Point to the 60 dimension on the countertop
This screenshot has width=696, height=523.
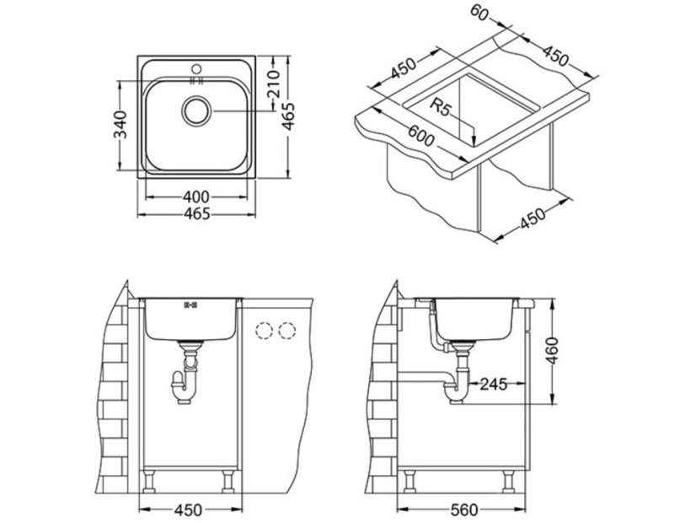(x=481, y=13)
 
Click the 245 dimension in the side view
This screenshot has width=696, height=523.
(x=494, y=385)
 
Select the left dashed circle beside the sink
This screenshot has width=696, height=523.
(x=265, y=331)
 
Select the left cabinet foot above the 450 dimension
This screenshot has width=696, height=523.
(x=150, y=482)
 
